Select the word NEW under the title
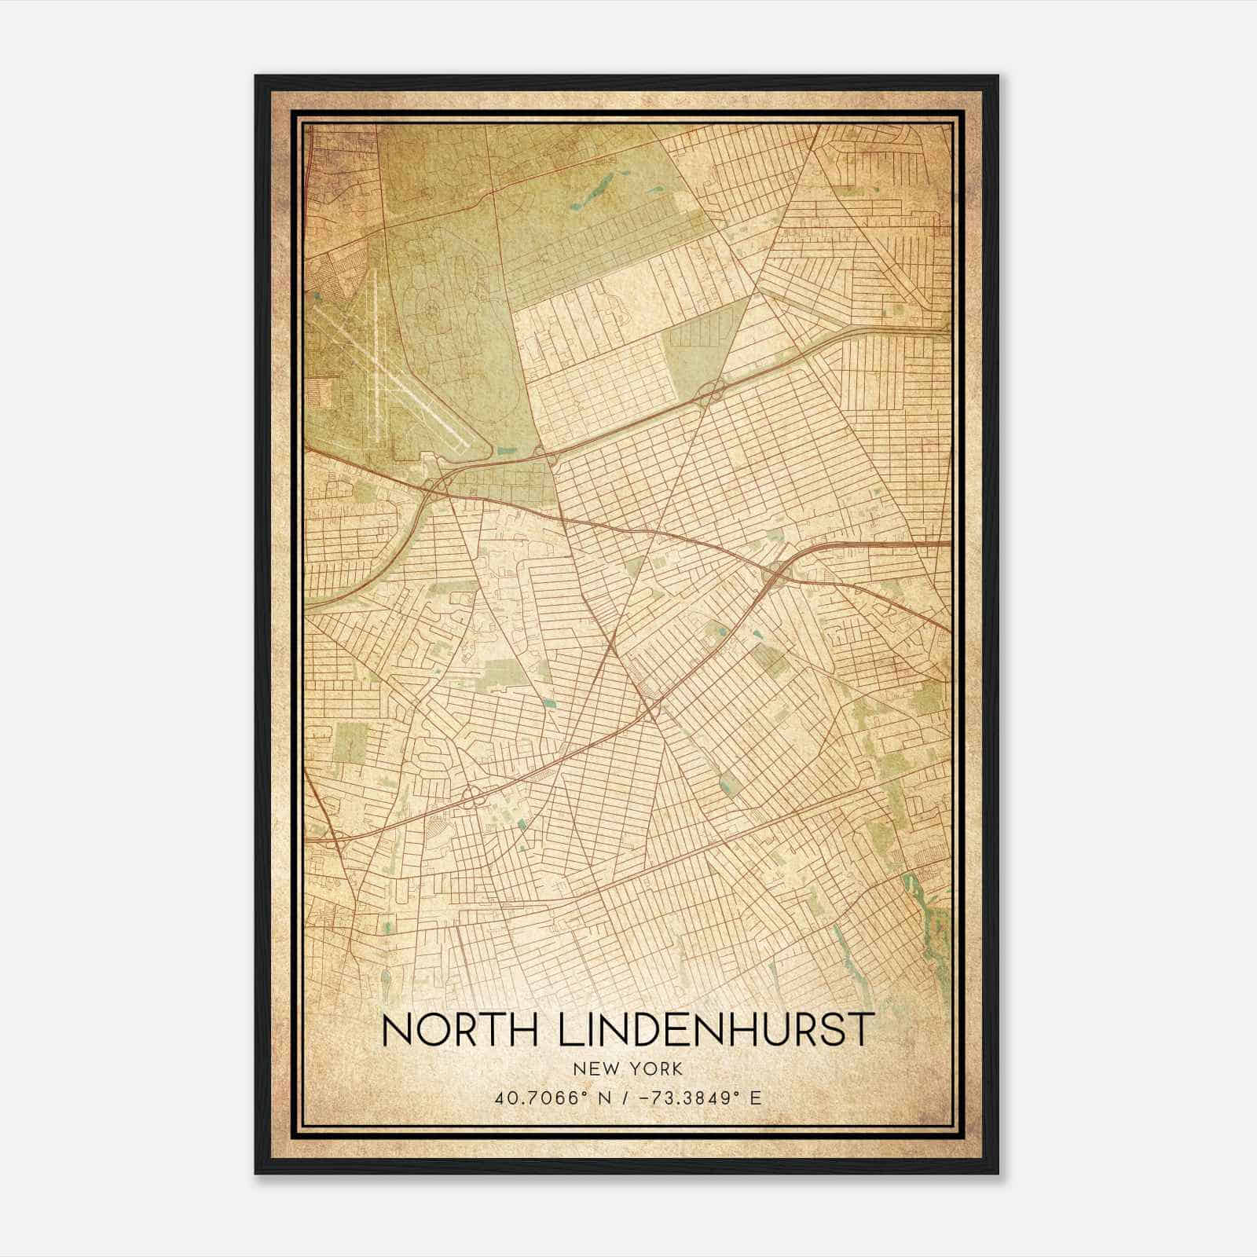tap(596, 1069)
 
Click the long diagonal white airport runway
tap(393, 377)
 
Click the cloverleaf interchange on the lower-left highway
tap(471, 797)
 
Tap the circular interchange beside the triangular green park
tap(711, 388)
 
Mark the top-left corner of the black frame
tap(256, 76)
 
